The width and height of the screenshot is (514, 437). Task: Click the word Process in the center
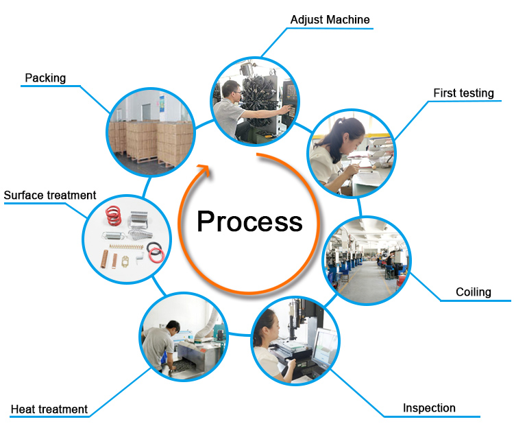[x=249, y=222]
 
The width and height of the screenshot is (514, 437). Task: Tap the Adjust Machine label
[x=330, y=20]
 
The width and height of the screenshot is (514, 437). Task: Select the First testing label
[x=463, y=93]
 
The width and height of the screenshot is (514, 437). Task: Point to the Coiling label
[x=474, y=292]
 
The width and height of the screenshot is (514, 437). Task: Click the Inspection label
[x=429, y=408]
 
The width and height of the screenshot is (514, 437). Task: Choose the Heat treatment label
[x=49, y=410]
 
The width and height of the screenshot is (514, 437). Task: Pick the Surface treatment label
[x=50, y=196]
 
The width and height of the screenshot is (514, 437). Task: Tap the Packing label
[x=45, y=78]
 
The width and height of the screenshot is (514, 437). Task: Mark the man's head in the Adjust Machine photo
[x=234, y=89]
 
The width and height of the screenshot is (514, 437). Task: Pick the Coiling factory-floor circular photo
[x=366, y=261]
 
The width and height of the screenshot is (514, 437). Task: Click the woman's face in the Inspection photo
[x=269, y=322]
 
